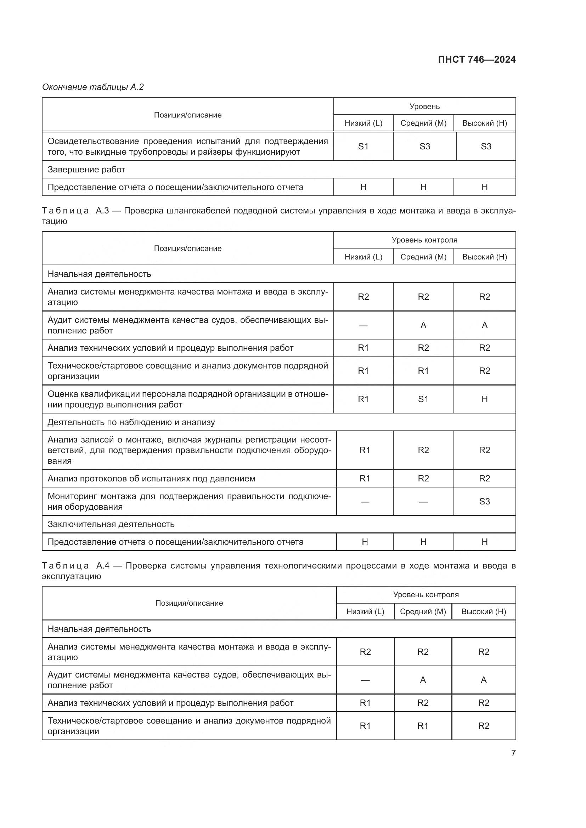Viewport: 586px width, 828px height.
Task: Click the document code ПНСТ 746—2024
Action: [476, 59]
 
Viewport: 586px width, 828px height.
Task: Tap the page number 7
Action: [513, 753]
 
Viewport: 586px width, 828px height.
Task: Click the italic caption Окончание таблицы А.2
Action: [93, 87]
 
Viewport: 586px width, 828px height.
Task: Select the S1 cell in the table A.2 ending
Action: [363, 147]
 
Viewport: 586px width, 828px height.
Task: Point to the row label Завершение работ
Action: [86, 170]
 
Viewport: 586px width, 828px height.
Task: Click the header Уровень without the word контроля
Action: [424, 107]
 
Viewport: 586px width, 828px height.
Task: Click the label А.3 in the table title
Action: [102, 211]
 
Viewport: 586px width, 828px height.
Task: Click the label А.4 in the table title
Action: [103, 565]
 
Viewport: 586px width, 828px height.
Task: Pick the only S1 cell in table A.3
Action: [423, 399]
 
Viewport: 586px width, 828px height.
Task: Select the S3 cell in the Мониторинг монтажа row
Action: [484, 502]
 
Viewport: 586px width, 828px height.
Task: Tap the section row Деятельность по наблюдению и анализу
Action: [131, 422]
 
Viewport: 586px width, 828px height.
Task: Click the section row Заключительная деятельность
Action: [111, 524]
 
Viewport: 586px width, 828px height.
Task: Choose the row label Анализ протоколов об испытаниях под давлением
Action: [151, 479]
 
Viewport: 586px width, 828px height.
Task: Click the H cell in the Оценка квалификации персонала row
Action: [484, 399]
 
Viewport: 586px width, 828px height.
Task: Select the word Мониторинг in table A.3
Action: [72, 496]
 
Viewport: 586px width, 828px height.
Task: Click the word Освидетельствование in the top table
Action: [93, 141]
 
